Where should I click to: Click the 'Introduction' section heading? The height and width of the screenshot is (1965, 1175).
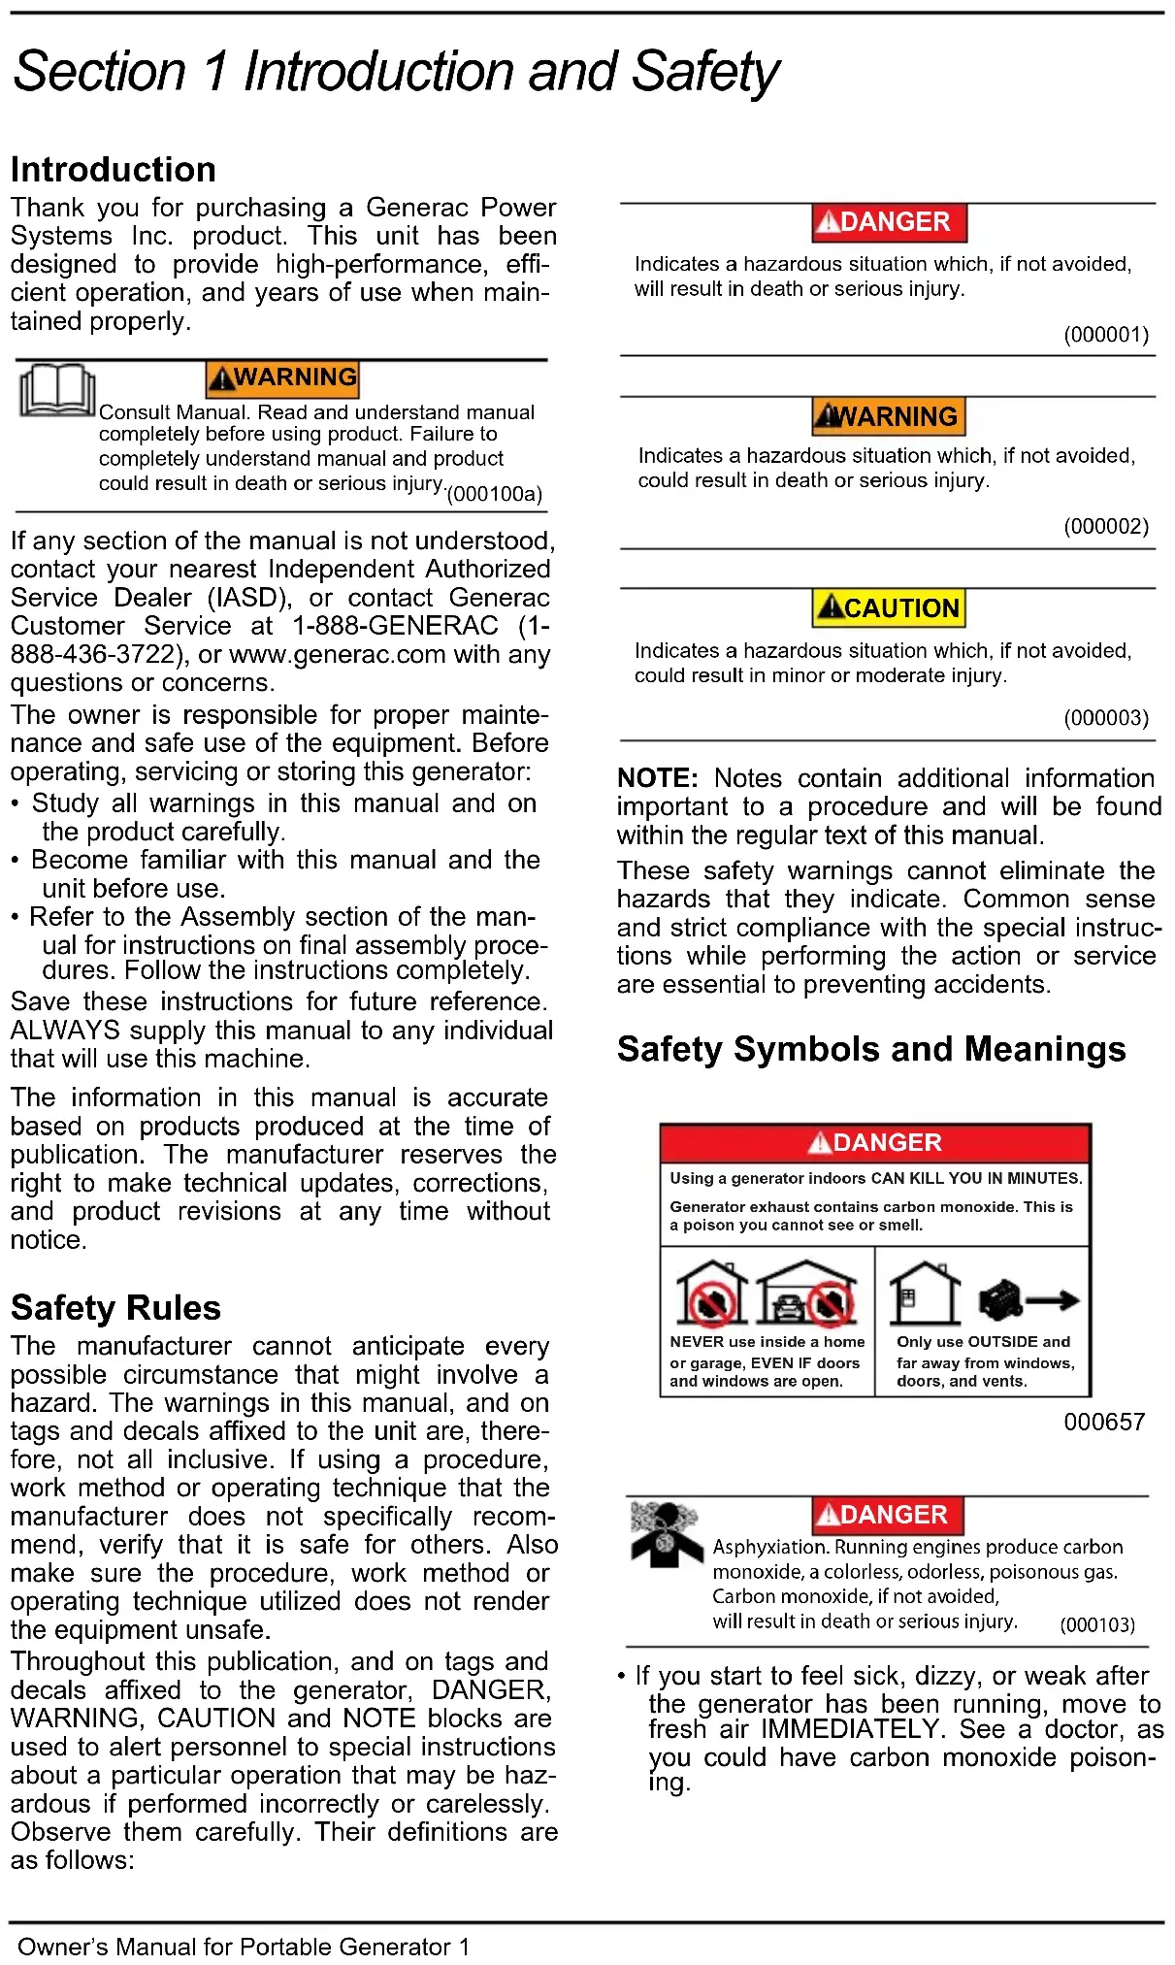[114, 170]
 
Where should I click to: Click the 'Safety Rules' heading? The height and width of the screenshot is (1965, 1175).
[115, 1308]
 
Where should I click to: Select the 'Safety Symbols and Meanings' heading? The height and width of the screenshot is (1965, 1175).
[870, 1049]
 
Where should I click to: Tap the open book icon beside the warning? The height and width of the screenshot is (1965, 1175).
[57, 390]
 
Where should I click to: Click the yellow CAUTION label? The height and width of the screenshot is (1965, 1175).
[889, 608]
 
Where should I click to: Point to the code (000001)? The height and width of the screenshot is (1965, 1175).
[1106, 335]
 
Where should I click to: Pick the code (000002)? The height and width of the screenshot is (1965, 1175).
[1106, 526]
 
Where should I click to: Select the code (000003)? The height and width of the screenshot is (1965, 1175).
[1106, 718]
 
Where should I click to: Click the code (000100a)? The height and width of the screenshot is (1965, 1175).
[494, 494]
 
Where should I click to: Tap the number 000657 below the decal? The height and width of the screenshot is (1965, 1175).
[1104, 1423]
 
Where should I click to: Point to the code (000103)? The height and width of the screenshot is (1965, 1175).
[1097, 1625]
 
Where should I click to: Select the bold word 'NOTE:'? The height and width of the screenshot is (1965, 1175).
[657, 778]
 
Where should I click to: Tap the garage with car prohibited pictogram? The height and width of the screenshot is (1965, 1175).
[806, 1294]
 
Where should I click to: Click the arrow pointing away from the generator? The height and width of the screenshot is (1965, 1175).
[1053, 1300]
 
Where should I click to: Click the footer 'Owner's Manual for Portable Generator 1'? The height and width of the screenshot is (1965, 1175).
[244, 1947]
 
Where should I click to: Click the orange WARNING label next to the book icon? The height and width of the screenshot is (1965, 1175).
[282, 377]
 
